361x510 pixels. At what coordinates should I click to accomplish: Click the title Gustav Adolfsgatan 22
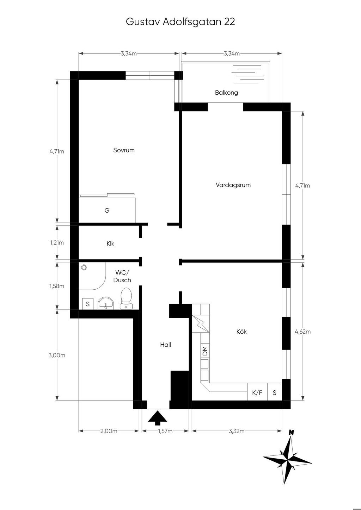[x=180, y=22]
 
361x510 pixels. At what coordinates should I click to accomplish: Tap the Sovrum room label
[x=124, y=150]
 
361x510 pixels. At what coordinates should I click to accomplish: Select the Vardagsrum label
[x=233, y=185]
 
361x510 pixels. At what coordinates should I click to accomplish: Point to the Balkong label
[x=226, y=93]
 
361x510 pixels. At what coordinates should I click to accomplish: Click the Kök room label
[x=241, y=332]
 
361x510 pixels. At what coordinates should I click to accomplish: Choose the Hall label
[x=166, y=345]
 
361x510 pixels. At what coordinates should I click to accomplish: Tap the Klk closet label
[x=110, y=244]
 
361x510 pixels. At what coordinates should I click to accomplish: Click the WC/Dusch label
[x=122, y=276]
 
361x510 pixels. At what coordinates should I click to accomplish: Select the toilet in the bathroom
[x=126, y=299]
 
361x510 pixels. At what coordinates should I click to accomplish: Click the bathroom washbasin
[x=106, y=303]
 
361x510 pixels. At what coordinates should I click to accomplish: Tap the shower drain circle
[x=84, y=267]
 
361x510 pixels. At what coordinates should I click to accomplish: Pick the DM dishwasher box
[x=205, y=351]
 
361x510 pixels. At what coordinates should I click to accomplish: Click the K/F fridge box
[x=257, y=392]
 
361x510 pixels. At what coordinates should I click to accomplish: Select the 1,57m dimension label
[x=165, y=431]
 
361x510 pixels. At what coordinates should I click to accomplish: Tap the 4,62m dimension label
[x=302, y=332]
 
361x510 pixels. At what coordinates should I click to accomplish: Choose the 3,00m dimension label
[x=57, y=355]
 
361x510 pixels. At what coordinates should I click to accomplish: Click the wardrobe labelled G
[x=108, y=210]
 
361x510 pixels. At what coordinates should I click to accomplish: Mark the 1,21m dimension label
[x=57, y=243]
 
